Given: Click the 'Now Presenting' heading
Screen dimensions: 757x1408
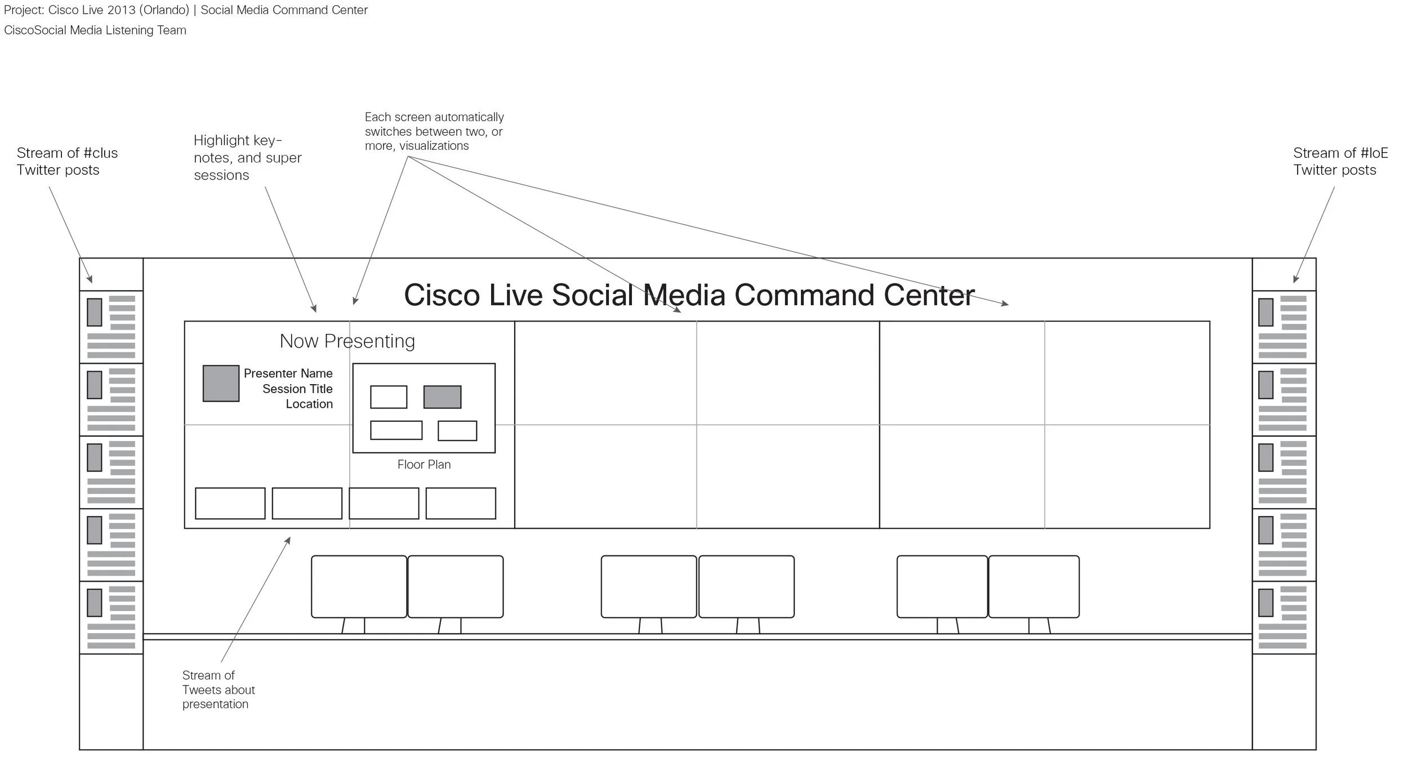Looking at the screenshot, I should [347, 341].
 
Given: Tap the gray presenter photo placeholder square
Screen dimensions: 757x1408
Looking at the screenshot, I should [221, 384].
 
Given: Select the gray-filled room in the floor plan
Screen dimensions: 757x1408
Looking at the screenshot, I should [442, 397].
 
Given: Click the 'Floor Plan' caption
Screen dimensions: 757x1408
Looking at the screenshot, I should [424, 465].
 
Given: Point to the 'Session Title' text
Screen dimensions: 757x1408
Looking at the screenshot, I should [297, 389].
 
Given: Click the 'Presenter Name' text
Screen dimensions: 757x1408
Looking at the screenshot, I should [288, 373].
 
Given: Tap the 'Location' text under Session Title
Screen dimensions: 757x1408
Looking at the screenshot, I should [309, 404].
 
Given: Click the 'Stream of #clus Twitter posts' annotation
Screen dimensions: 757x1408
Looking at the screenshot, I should [67, 162].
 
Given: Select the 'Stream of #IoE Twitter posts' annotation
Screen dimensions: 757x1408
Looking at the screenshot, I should [1340, 162].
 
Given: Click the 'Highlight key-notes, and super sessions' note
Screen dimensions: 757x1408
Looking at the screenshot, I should [247, 158].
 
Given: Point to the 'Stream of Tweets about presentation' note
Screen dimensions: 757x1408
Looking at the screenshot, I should [218, 689].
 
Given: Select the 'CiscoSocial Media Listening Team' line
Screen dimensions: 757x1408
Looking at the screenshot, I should [95, 30].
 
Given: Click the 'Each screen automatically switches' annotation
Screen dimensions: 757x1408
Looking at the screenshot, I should [434, 131].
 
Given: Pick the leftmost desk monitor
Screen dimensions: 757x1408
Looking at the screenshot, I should [359, 587].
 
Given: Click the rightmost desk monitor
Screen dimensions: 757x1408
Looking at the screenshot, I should [1033, 587].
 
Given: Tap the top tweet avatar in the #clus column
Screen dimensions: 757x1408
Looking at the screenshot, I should [95, 312].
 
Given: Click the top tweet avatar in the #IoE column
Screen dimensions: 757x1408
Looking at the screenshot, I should [1266, 312].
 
